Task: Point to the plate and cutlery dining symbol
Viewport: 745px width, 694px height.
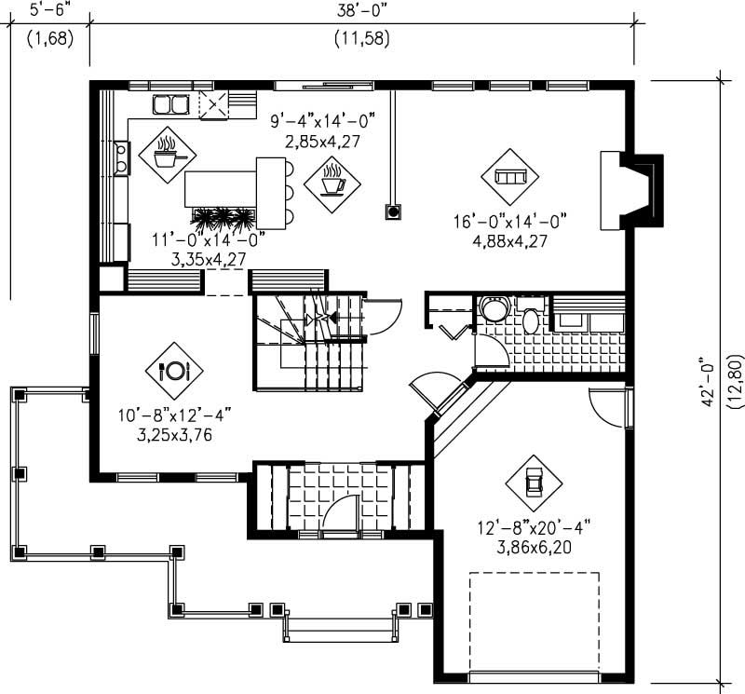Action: [174, 371]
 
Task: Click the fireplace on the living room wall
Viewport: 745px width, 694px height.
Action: [633, 190]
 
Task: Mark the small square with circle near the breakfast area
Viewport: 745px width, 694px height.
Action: [394, 211]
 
